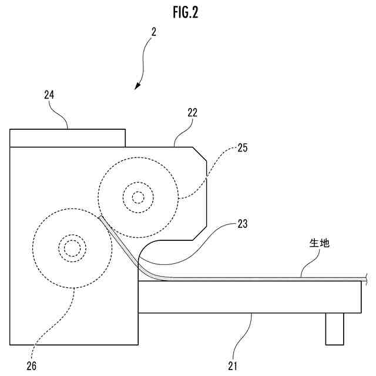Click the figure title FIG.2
pos(186,13)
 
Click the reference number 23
pos(242,223)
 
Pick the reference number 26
pos(31,365)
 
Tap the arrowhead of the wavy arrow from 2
pos(137,87)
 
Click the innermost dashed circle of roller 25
pos(138,197)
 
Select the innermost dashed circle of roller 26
pos(72,249)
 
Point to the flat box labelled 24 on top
pos(68,137)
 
